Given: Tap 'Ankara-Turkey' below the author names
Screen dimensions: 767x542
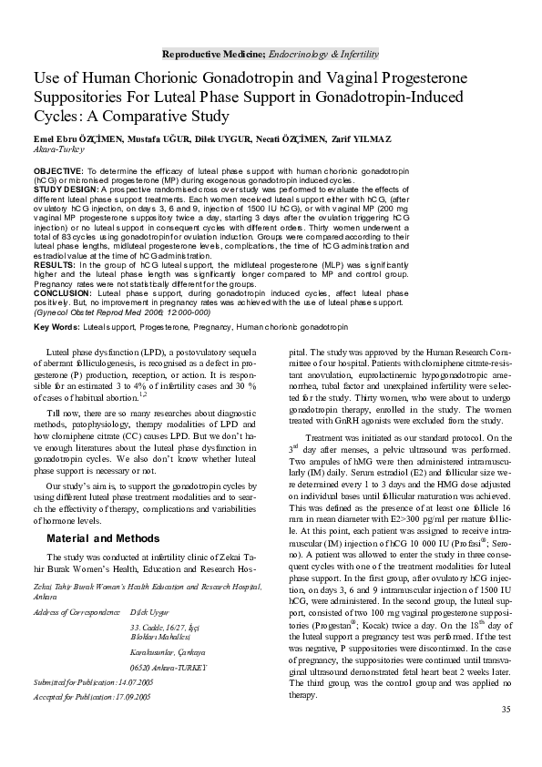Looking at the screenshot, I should (x=57, y=148).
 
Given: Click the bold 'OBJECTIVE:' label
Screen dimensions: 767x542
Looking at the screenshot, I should (x=59, y=170).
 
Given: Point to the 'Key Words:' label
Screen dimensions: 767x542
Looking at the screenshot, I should (x=58, y=326).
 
